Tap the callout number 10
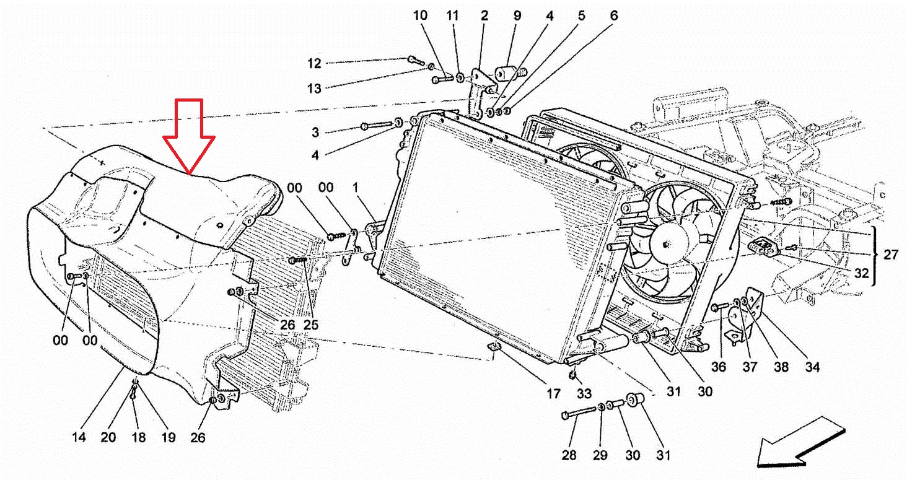[x=420, y=15]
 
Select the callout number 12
[x=314, y=63]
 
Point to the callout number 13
[x=314, y=88]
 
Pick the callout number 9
[x=517, y=15]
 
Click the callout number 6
[x=614, y=15]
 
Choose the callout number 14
[x=79, y=437]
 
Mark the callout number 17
[x=553, y=393]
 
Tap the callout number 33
[x=584, y=393]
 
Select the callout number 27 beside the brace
[x=890, y=255]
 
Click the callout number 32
[x=862, y=273]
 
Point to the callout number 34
[x=812, y=367]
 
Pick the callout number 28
[x=569, y=455]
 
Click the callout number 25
[x=311, y=325]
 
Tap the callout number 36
[x=718, y=367]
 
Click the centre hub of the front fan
[x=667, y=243]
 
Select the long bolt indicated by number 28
[x=580, y=412]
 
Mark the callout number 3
[x=315, y=133]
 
